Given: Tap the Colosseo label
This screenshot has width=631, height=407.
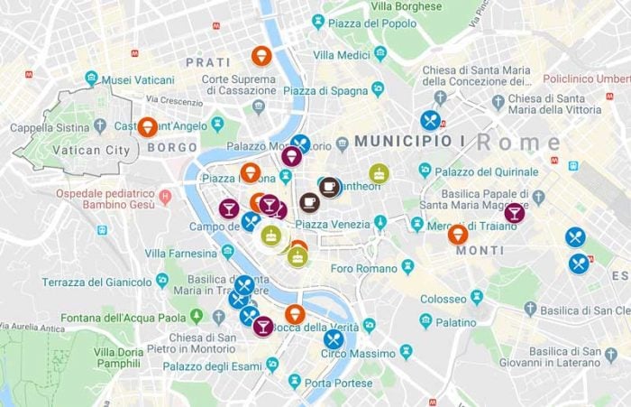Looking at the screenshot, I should [x=443, y=299].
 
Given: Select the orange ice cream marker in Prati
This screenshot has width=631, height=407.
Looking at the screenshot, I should [x=261, y=56].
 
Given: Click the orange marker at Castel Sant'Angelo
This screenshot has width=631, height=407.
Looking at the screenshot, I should [x=148, y=127].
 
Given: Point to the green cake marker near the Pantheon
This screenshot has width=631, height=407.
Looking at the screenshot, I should [x=379, y=173].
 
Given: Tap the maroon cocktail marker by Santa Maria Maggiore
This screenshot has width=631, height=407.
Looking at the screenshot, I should [x=514, y=213].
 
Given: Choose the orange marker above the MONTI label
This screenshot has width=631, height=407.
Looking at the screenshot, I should [x=458, y=235].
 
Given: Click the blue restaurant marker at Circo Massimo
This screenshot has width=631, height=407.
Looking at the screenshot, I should [x=334, y=339].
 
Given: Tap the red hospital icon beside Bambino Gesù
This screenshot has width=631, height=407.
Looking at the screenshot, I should [x=165, y=195].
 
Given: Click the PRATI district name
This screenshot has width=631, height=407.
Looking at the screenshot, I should [x=208, y=62].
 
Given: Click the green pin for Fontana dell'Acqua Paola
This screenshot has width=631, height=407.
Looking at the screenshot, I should [x=197, y=317].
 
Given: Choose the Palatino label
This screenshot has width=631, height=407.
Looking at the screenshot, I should [x=456, y=321].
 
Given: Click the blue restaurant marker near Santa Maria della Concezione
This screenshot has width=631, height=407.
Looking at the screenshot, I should [x=430, y=120].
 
